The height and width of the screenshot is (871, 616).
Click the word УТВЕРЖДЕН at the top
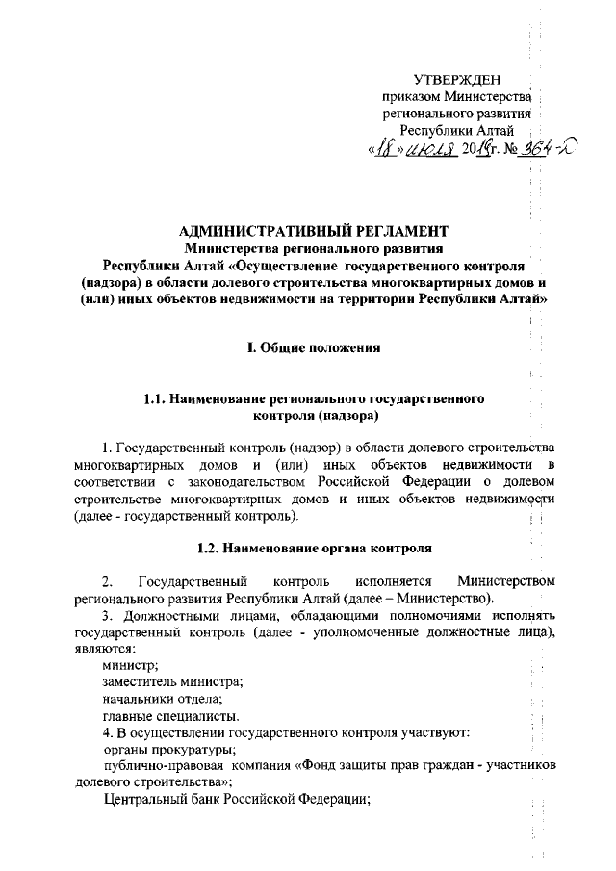(x=456, y=78)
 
